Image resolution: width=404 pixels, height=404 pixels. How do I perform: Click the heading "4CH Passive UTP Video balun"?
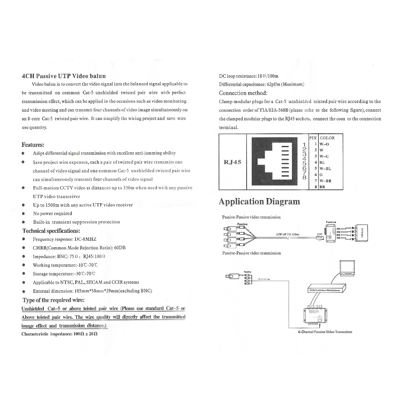[64, 76]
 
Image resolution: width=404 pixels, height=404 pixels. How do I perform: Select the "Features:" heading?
[33, 145]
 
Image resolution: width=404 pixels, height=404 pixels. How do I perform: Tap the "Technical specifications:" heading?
[51, 231]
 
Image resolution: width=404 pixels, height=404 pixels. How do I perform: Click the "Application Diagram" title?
[259, 202]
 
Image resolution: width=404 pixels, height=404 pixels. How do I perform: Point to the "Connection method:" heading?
[243, 93]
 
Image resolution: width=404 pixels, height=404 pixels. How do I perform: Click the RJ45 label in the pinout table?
[232, 162]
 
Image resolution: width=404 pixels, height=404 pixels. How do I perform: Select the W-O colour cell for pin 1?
[324, 144]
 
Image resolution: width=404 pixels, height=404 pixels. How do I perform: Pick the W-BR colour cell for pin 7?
[325, 181]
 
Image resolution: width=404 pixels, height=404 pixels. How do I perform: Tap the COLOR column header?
[327, 138]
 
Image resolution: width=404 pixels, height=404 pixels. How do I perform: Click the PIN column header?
[313, 138]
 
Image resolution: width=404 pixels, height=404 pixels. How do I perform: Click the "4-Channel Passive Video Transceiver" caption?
[325, 332]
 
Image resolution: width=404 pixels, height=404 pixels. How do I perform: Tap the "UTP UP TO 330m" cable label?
[288, 234]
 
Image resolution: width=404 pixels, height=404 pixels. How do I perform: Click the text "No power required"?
[52, 213]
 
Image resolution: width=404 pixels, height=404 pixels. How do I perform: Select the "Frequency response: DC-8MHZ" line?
[64, 239]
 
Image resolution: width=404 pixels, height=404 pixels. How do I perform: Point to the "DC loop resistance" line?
[249, 76]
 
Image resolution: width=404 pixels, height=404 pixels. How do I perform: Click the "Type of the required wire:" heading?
[54, 300]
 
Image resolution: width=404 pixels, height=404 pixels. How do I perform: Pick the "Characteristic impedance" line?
[60, 334]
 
